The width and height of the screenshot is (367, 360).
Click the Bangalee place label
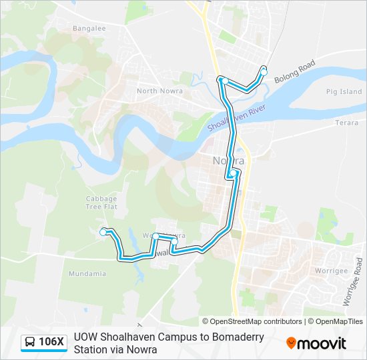(x=90, y=29)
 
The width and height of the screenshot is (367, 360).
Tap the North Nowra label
(x=155, y=91)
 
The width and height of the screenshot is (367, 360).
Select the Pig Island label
(x=344, y=92)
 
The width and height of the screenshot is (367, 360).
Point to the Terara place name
(x=346, y=123)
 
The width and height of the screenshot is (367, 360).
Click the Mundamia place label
(x=87, y=273)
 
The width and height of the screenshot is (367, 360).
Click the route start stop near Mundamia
(x=103, y=232)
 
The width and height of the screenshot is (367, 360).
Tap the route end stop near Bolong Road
(x=264, y=71)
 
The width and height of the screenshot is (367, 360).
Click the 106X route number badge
(x=51, y=343)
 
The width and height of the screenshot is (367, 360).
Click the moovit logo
(x=316, y=343)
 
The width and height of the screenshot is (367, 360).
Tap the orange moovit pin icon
(x=291, y=343)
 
